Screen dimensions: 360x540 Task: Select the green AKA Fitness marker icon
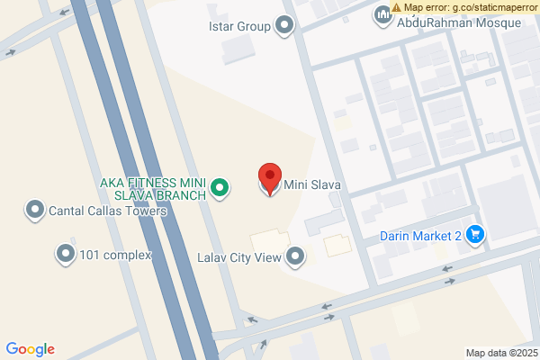coord(219,189)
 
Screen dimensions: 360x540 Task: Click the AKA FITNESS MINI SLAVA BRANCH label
coord(152,188)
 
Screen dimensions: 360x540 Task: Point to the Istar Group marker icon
coord(286,26)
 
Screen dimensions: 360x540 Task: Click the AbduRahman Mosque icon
coord(382,16)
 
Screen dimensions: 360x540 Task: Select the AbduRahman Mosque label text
coord(458,22)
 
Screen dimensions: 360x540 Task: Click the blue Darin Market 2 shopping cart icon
coord(476,236)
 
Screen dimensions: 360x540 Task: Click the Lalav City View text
coord(239,257)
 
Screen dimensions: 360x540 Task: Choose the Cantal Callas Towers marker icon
coord(36,211)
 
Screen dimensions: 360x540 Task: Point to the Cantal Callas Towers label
coord(108,211)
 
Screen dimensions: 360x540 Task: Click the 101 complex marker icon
coord(66,255)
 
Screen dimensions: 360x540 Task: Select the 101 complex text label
coord(115,255)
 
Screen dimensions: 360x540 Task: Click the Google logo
coord(31,349)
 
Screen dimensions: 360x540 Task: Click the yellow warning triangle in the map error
coord(397,7)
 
